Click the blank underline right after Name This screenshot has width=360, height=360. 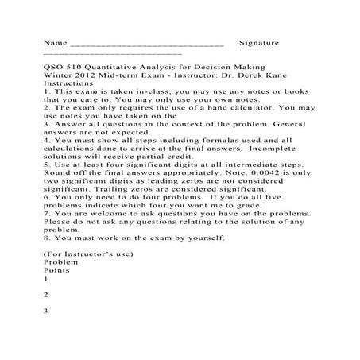[147, 41]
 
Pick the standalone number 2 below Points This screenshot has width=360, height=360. [47, 294]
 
